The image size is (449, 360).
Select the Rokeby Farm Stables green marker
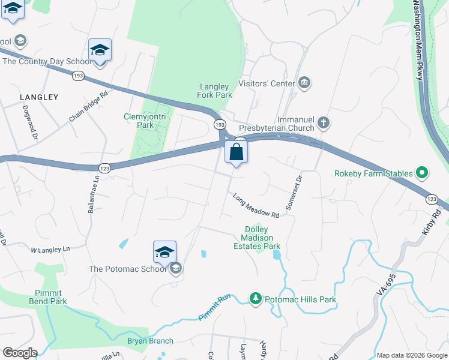(421, 174)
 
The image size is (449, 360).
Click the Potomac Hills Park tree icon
(256, 299)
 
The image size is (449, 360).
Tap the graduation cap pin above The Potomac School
(164, 253)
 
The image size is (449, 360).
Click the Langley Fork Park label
(214, 91)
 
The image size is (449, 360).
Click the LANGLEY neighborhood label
(39, 97)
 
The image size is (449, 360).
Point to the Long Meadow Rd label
(256, 205)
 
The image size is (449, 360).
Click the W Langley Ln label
(50, 248)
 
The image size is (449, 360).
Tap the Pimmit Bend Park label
(47, 296)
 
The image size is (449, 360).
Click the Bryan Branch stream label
(150, 341)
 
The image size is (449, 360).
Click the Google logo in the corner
(20, 353)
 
